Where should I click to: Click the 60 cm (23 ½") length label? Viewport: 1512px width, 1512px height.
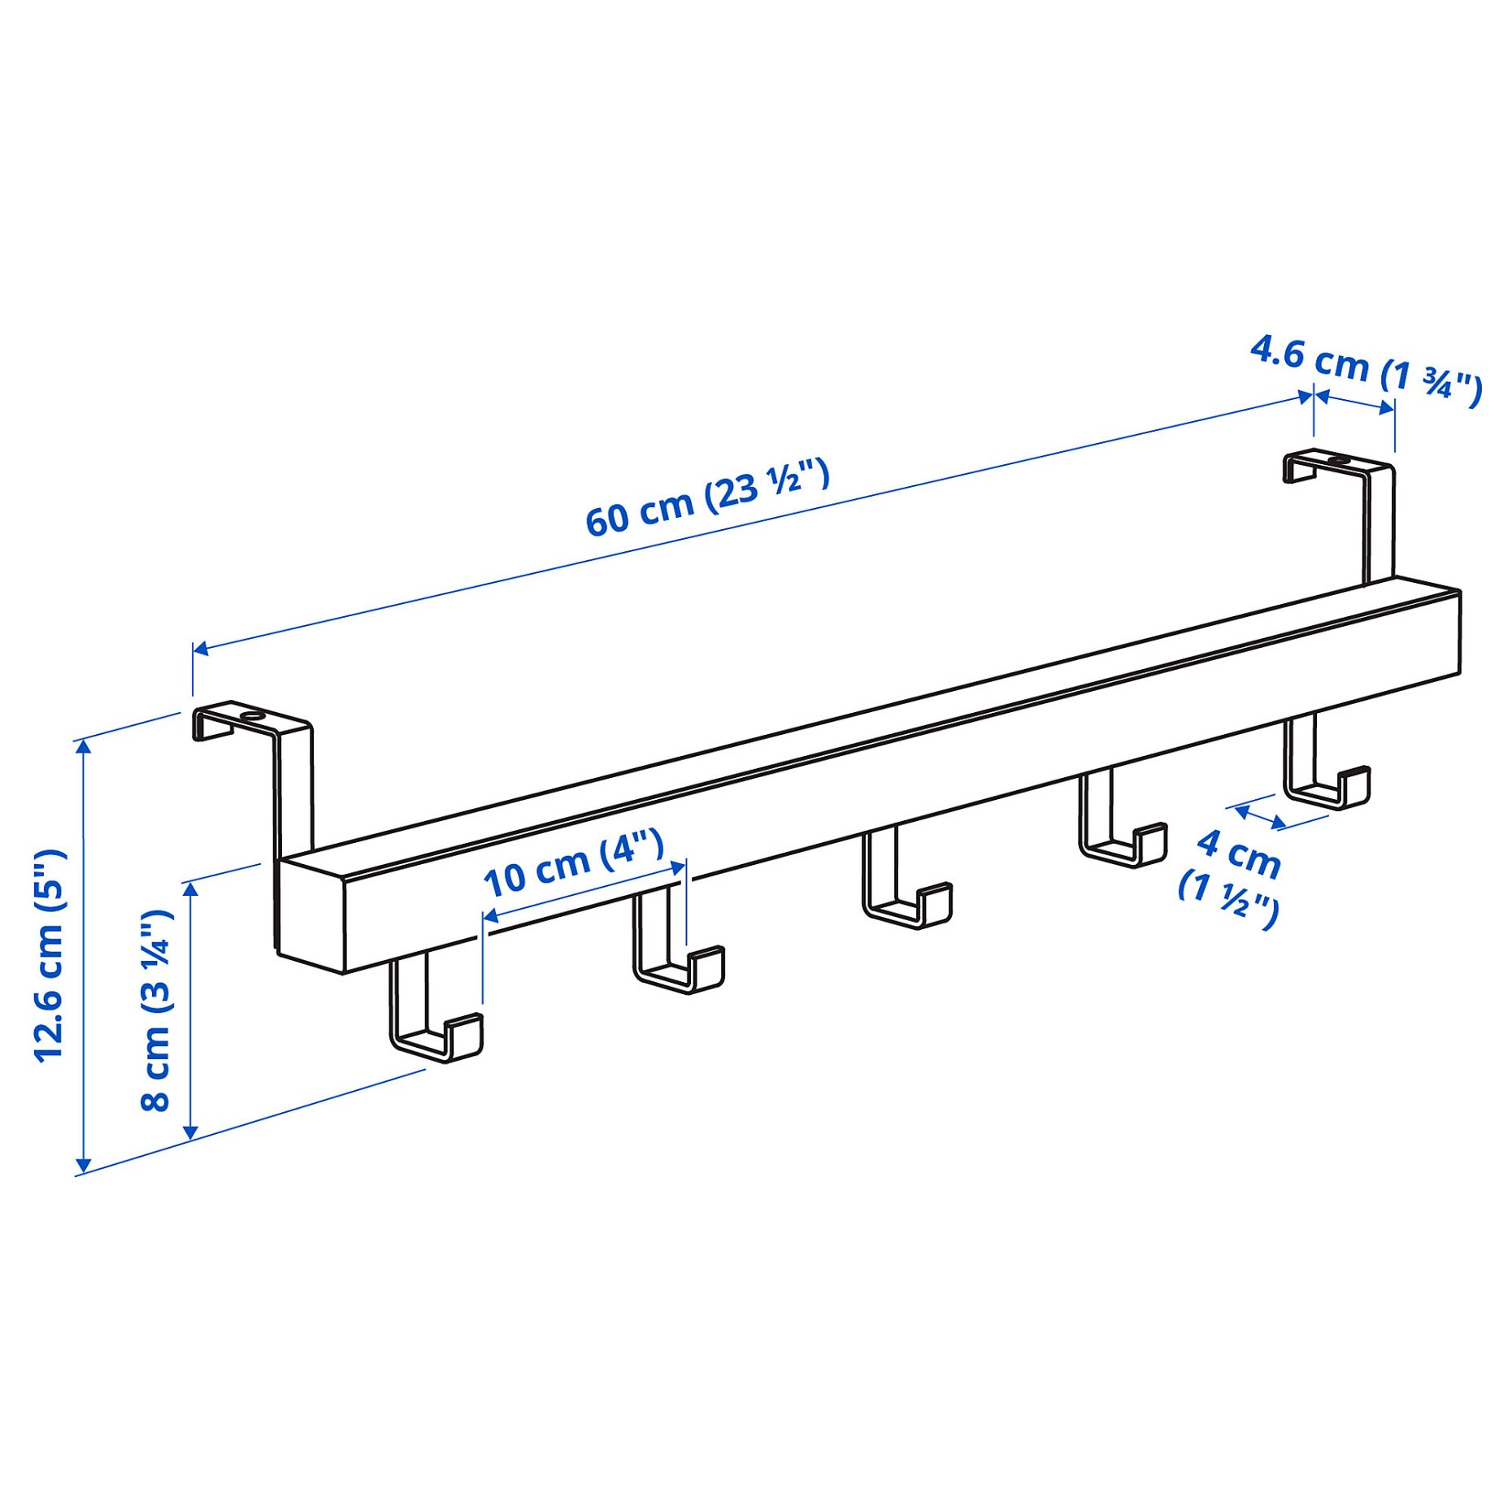(x=707, y=497)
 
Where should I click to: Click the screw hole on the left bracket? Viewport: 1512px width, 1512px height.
(x=254, y=716)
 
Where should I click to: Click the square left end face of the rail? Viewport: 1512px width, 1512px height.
(x=311, y=910)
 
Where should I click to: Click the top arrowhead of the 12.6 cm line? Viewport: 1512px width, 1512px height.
(x=83, y=748)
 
